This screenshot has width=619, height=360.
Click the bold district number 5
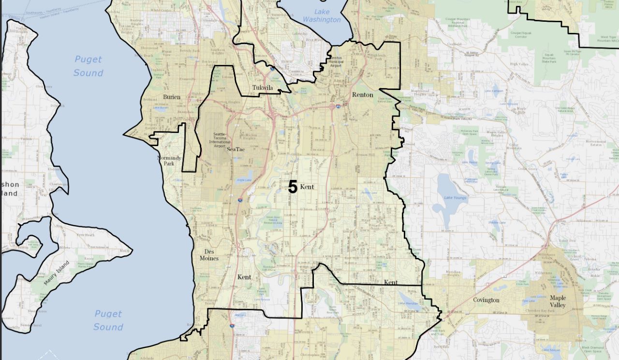click(293, 187)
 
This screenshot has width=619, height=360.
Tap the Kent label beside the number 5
click(307, 187)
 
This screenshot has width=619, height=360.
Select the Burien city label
click(172, 97)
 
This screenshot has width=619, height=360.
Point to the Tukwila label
click(263, 88)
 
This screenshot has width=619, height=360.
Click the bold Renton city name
click(363, 95)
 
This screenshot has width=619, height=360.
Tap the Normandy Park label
click(169, 161)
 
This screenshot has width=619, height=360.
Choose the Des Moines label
click(209, 255)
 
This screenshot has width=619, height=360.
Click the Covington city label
click(486, 300)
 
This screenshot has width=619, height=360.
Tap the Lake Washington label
click(322, 15)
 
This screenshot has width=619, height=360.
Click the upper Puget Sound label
click(88, 66)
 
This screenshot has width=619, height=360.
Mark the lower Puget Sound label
click(108, 320)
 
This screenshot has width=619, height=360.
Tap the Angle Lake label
click(245, 180)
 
